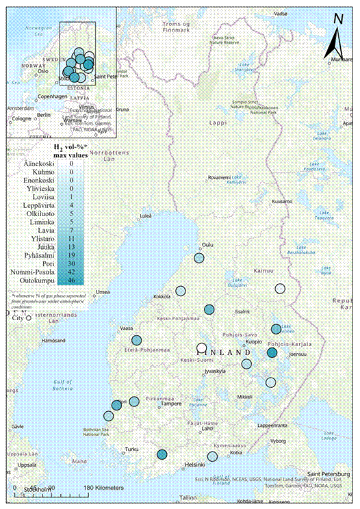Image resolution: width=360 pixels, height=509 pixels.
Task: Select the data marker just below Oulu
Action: tap(199, 258)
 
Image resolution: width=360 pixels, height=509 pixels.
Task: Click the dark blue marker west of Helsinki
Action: tap(162, 454)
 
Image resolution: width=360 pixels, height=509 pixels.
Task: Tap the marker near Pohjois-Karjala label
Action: tap(272, 353)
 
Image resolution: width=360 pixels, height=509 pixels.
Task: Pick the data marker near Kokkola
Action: tap(181, 291)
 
